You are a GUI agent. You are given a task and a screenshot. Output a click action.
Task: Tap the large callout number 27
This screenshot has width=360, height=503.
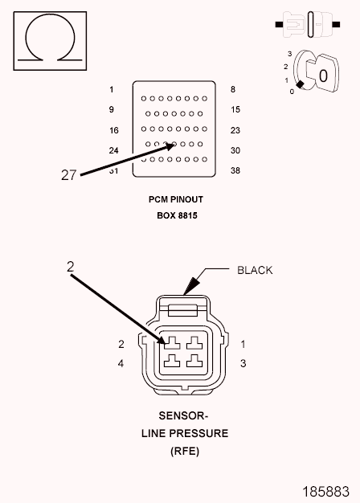[68, 175]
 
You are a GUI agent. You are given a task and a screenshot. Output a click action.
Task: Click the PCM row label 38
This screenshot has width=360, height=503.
[235, 170]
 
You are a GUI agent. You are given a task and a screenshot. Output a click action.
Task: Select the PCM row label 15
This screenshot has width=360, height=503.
[235, 109]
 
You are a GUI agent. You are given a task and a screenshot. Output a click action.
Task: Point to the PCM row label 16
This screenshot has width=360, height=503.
[114, 130]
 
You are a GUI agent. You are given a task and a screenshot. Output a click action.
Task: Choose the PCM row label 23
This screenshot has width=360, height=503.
[235, 130]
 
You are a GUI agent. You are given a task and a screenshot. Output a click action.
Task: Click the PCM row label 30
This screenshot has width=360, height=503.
[235, 150]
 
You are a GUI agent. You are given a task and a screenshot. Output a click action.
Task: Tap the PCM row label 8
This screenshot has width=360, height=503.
[233, 89]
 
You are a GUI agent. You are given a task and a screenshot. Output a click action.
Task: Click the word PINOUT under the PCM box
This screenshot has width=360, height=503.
[186, 199]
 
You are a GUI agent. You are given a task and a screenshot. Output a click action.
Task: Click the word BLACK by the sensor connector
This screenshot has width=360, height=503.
[255, 270]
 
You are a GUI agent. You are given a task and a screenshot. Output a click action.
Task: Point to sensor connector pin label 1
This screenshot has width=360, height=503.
[243, 344]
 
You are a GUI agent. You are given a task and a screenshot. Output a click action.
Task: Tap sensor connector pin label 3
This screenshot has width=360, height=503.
[243, 363]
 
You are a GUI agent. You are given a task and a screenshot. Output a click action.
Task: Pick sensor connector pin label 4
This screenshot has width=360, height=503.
[121, 363]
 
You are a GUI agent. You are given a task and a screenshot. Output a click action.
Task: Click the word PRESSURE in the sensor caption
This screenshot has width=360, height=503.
[198, 433]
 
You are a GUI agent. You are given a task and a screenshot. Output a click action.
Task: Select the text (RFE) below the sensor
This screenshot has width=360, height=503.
[185, 451]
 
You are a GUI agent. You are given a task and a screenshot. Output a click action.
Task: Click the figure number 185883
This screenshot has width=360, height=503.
[326, 492]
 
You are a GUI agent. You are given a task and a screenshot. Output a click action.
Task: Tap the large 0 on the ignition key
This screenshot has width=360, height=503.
[323, 76]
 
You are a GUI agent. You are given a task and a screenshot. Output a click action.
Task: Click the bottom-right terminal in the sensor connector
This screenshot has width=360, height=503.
[194, 361]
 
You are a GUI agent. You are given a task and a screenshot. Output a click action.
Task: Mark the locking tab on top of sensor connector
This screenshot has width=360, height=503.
[183, 310]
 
